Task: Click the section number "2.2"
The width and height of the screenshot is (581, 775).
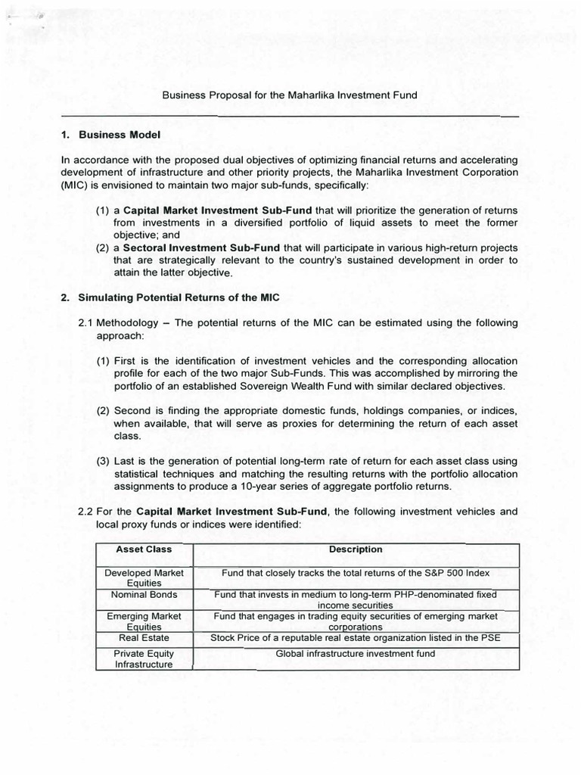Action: click(x=85, y=512)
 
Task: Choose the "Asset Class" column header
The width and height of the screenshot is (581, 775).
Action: click(x=144, y=549)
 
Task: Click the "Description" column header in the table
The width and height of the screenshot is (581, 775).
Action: click(x=356, y=549)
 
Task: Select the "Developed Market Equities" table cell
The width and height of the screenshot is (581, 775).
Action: click(x=144, y=578)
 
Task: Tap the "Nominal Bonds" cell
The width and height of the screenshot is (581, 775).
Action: click(x=144, y=595)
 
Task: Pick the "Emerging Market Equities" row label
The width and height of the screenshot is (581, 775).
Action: click(x=144, y=621)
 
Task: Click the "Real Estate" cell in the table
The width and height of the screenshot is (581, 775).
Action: click(x=144, y=638)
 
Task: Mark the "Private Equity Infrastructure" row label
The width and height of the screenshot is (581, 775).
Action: click(x=144, y=658)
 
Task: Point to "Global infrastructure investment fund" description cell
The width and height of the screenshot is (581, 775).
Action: click(x=355, y=653)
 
